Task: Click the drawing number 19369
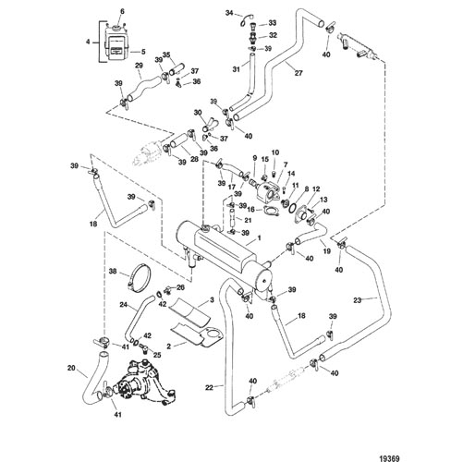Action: (390, 450)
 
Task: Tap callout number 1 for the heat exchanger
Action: (259, 238)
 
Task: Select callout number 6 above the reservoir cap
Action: (122, 12)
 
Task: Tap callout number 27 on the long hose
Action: (299, 73)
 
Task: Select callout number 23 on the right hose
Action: (357, 300)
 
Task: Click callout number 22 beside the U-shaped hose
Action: (209, 388)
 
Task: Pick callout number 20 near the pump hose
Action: (71, 368)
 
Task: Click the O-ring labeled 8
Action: (293, 208)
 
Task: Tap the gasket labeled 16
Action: (270, 212)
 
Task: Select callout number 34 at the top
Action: (229, 13)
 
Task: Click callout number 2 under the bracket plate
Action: (168, 346)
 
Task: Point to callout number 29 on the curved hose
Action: (139, 66)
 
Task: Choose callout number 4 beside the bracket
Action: (88, 42)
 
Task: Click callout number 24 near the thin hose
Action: (124, 305)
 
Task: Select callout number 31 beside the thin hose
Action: (236, 69)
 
